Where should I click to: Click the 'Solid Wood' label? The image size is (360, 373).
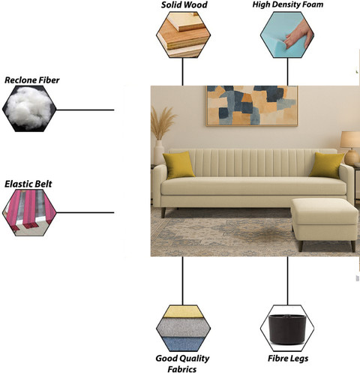(x=184, y=5)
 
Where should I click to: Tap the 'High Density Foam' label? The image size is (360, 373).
(x=288, y=5)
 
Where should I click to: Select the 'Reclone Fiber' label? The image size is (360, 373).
(x=32, y=80)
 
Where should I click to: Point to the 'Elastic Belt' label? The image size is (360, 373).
(x=28, y=184)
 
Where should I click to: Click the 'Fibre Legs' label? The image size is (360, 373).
(x=288, y=358)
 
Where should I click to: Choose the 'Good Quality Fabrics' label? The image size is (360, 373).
(x=182, y=363)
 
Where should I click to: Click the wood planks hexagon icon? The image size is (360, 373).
(x=183, y=35)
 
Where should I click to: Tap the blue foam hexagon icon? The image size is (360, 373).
(x=287, y=35)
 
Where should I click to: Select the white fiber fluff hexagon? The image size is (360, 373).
(x=29, y=109)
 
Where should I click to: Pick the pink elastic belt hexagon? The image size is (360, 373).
(x=29, y=212)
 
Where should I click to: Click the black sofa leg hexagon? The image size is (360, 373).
(x=287, y=328)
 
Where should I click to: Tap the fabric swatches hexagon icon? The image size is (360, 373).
(x=183, y=328)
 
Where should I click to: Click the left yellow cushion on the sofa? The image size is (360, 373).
(x=178, y=165)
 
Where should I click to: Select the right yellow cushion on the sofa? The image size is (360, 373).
(x=327, y=165)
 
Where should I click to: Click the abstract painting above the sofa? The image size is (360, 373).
(x=252, y=106)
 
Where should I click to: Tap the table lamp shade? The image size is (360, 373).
(x=350, y=140)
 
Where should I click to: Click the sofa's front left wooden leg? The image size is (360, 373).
(x=163, y=212)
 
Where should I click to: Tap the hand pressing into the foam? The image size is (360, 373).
(x=300, y=35)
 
